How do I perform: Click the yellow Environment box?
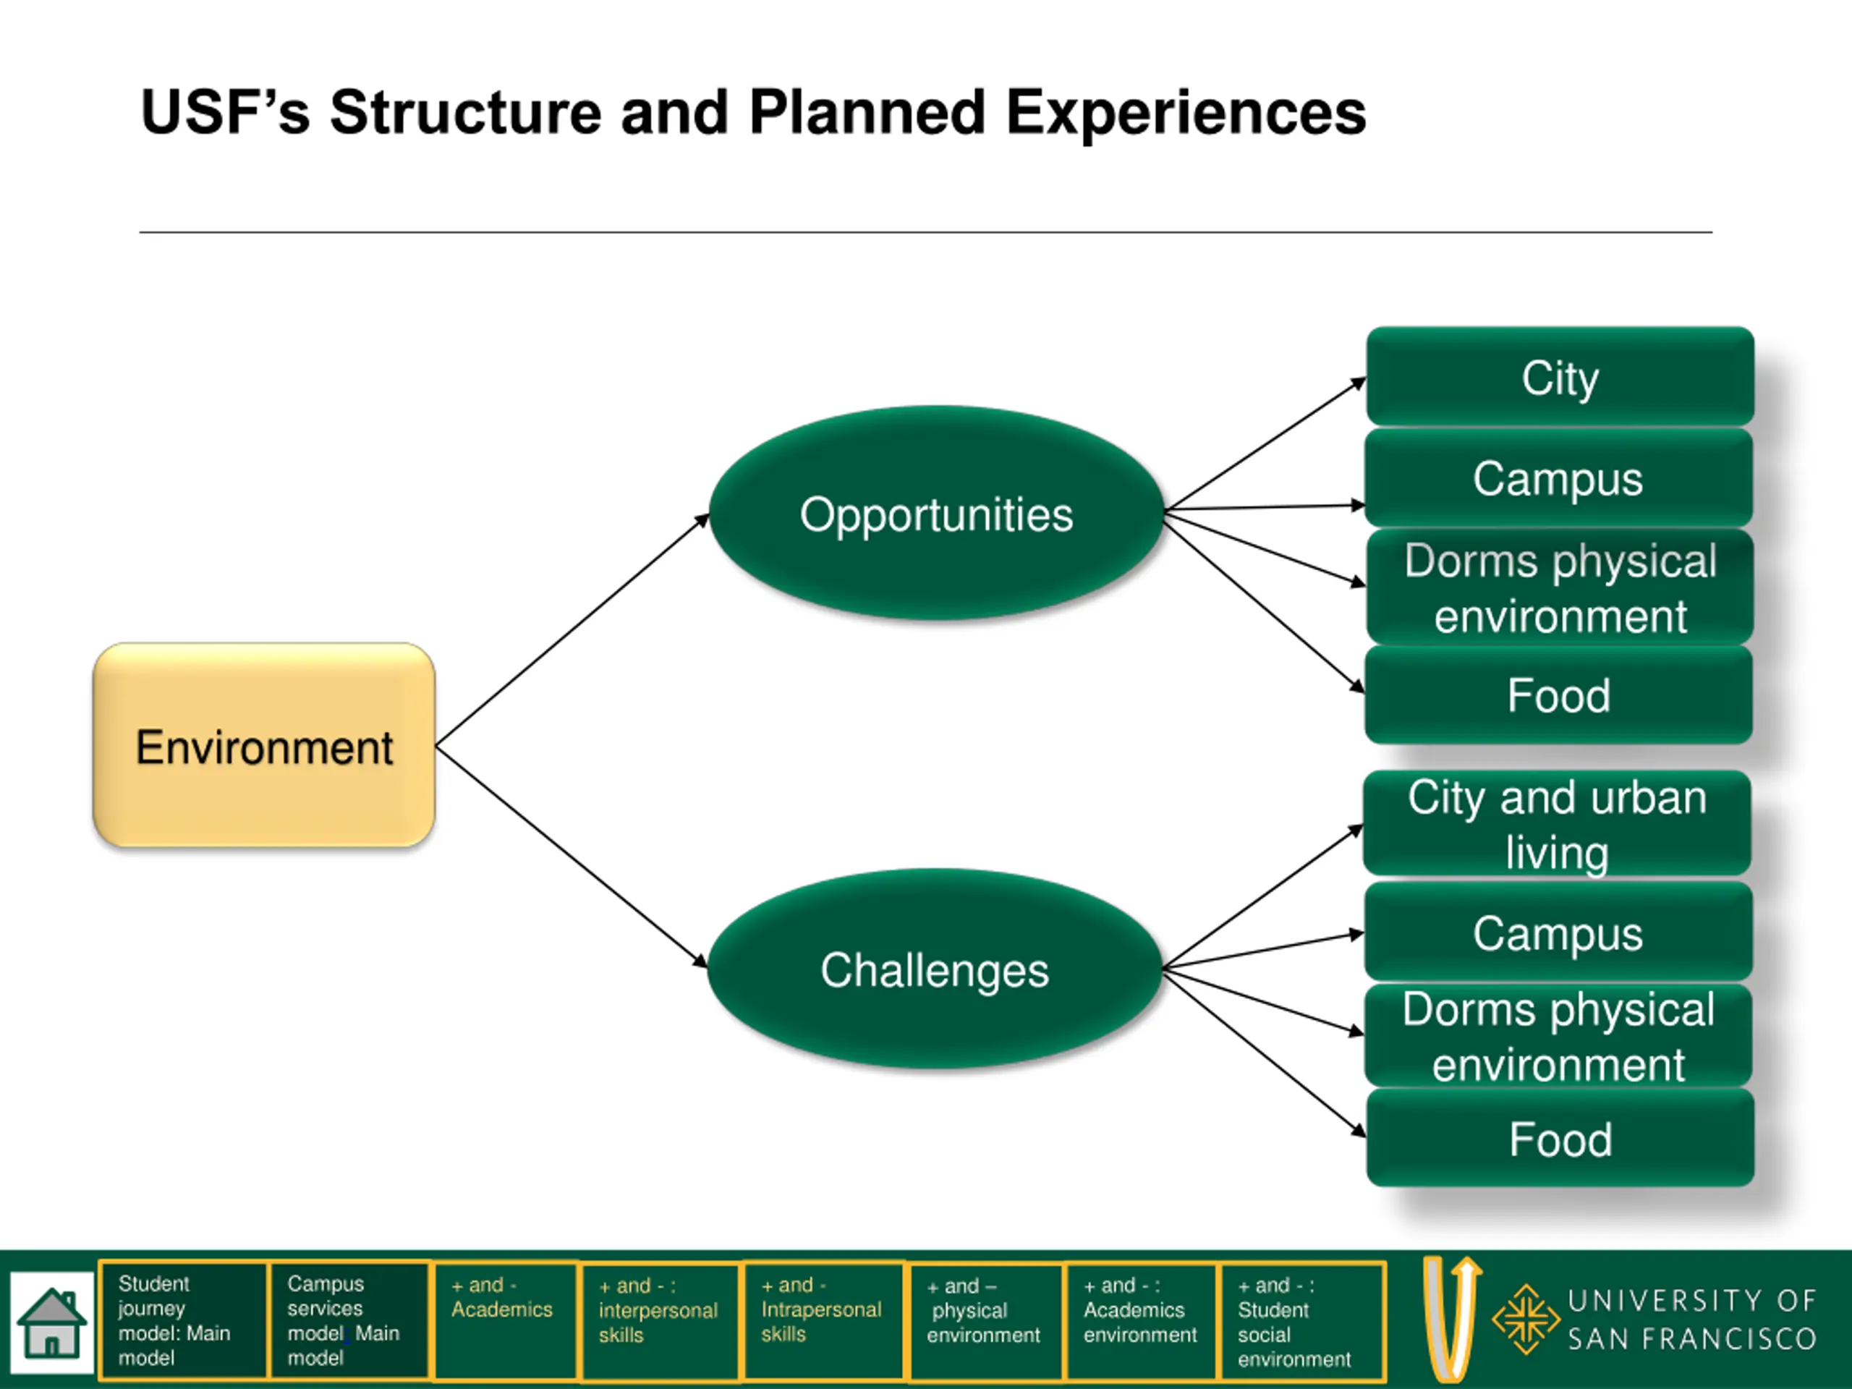[264, 745]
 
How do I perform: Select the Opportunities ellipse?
[936, 513]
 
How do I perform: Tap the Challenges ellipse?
[935, 969]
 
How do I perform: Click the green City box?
[1560, 377]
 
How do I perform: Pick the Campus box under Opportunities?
[1558, 478]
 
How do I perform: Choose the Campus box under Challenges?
[1558, 932]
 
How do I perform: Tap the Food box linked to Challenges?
[1560, 1138]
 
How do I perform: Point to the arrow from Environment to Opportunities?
[572, 629]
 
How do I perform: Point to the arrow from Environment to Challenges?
[572, 857]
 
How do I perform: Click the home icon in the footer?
[52, 1323]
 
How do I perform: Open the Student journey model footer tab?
[183, 1320]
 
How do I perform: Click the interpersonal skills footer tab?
[660, 1321]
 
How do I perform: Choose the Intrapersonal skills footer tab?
[824, 1321]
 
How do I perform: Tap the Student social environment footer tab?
[1301, 1321]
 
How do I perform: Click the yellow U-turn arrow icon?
[1452, 1319]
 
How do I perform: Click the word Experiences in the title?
[1186, 113]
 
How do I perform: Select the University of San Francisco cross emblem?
[1526, 1319]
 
